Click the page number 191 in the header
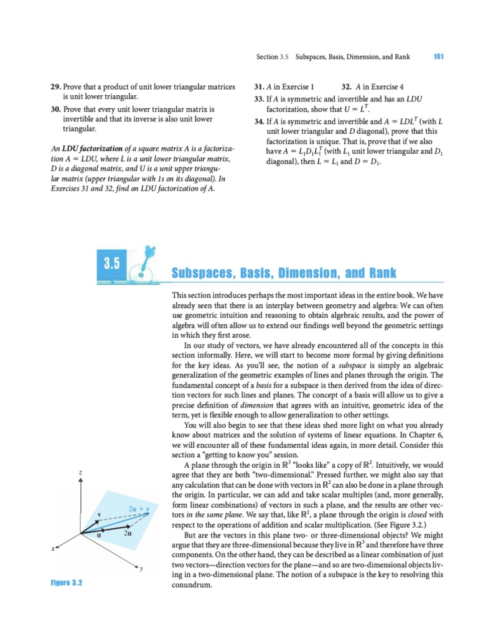point(438,57)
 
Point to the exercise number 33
point(259,98)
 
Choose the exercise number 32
point(347,86)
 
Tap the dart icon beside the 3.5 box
point(145,263)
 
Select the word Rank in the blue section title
point(380,274)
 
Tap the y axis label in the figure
point(141,569)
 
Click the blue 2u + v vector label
point(136,509)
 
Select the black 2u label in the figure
point(127,534)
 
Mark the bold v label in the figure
point(99,514)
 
